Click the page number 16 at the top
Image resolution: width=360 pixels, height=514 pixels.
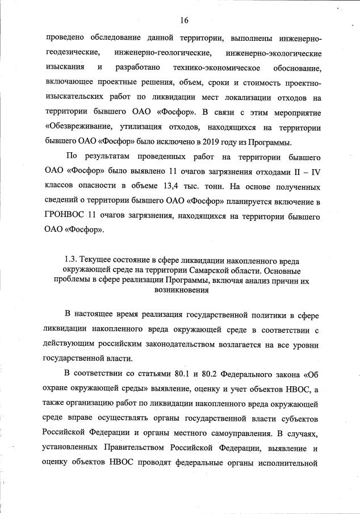pyautogui.click(x=184, y=20)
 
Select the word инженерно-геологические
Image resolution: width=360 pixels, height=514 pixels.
pyautogui.click(x=162, y=53)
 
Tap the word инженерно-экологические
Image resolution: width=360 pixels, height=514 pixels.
pyautogui.click(x=273, y=53)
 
